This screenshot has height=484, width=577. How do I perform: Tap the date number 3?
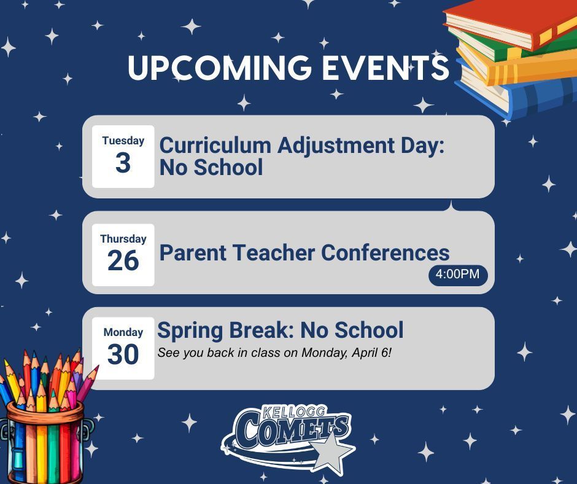123,163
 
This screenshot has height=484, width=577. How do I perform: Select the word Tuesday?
123,141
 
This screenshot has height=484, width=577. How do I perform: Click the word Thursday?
123,239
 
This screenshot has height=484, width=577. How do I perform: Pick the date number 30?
123,355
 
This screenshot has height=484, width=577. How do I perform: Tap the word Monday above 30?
123,332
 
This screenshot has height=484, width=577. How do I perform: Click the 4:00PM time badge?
457,275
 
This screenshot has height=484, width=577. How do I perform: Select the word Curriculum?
215,146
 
